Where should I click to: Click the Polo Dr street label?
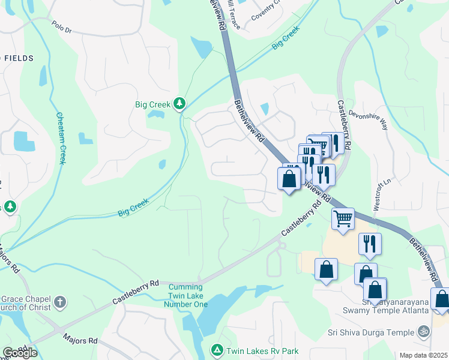(61, 27)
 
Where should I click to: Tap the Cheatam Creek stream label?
(61, 138)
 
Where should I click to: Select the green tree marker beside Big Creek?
(179, 104)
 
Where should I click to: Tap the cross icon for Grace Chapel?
(59, 301)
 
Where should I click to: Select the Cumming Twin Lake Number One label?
(185, 295)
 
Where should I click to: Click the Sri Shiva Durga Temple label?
(371, 332)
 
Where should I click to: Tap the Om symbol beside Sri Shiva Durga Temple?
(424, 332)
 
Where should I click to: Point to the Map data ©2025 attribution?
(423, 355)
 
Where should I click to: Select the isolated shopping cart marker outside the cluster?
(342, 218)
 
